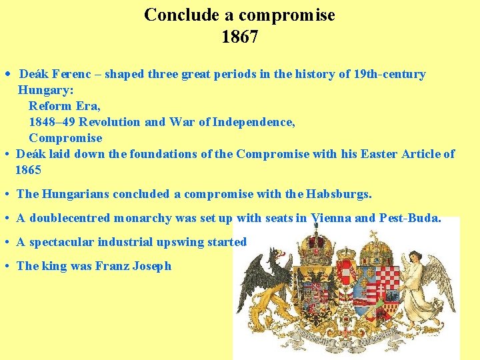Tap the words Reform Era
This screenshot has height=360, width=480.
[x=64, y=106]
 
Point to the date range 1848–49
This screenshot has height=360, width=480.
[x=51, y=122]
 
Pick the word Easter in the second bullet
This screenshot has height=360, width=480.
[x=379, y=154]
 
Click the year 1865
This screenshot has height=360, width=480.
[x=29, y=170]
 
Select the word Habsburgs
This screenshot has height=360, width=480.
[x=338, y=194]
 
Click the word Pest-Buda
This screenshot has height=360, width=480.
[x=409, y=218]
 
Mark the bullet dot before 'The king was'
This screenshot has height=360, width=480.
[x=5, y=266]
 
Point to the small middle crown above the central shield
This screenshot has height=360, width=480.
[x=346, y=254]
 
